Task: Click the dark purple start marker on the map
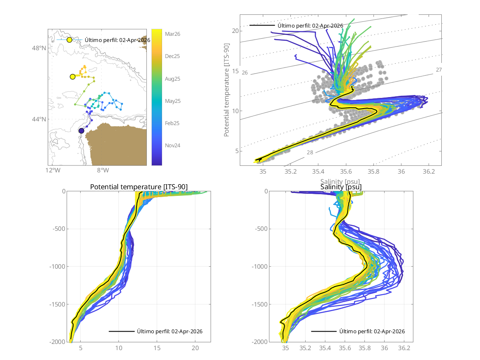click(x=81, y=131)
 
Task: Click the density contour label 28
click(x=310, y=152)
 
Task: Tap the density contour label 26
click(x=245, y=73)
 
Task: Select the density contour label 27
click(x=439, y=70)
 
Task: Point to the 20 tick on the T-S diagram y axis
click(x=235, y=31)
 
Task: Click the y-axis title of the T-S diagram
click(x=227, y=97)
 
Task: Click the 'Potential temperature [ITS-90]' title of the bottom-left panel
click(x=139, y=187)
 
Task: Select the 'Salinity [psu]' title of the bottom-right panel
click(x=341, y=187)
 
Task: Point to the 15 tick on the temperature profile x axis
click(x=157, y=348)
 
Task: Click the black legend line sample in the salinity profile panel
click(x=323, y=331)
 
